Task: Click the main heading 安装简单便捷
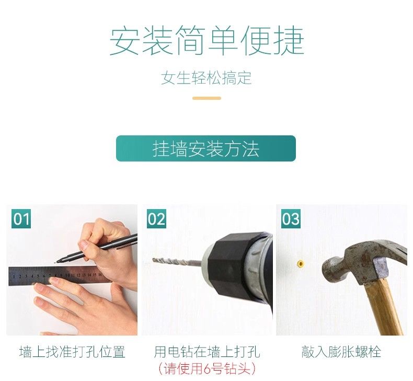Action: [207, 41]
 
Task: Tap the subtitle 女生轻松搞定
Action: [206, 78]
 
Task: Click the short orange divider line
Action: [207, 98]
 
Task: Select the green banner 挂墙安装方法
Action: [206, 148]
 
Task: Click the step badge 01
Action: [21, 219]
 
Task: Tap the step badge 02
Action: [156, 219]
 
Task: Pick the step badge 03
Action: [291, 219]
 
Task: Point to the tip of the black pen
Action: [58, 262]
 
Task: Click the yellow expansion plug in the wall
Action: [300, 263]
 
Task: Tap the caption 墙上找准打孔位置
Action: [72, 352]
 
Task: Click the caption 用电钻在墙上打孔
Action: [207, 352]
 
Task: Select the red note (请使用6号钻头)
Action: [207, 368]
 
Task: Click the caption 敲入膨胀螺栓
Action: [341, 352]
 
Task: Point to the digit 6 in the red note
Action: [207, 368]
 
